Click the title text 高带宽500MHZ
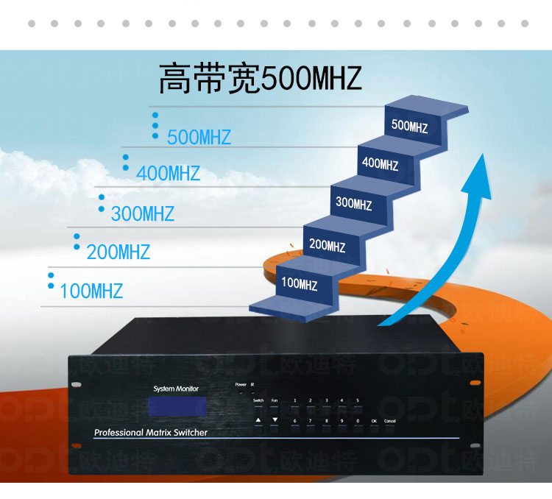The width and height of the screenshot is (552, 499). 260,79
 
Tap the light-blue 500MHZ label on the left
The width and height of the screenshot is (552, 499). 199,138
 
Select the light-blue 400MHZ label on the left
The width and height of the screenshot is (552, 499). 168,174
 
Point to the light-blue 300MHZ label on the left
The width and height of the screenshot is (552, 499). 142,214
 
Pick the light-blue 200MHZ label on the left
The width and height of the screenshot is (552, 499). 118,252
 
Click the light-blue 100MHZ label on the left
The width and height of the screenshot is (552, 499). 91,291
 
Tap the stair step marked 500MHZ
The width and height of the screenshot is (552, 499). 410,126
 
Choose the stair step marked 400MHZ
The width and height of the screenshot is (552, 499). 380,164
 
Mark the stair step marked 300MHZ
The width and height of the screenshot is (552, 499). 353,204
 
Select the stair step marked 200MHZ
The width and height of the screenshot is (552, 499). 327,245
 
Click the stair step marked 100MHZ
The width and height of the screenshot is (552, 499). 300,283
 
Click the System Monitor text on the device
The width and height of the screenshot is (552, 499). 176,388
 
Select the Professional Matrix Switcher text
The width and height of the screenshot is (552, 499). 151,433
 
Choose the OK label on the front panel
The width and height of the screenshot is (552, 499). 374,420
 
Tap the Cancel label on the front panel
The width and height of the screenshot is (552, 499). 390,420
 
